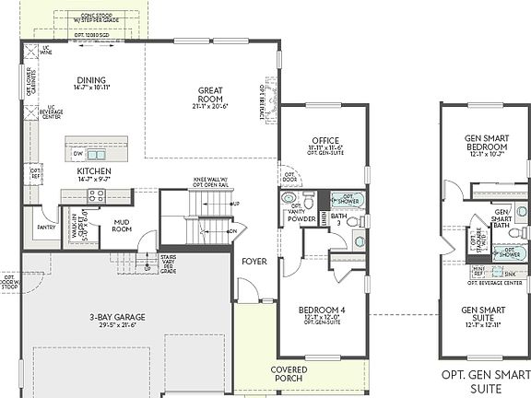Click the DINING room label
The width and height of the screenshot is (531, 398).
91,80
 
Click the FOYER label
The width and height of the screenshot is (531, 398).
254,262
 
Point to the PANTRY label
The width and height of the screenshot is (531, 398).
46,226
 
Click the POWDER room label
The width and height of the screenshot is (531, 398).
302,219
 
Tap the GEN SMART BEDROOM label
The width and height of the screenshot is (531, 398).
485,143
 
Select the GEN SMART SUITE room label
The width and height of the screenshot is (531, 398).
485,315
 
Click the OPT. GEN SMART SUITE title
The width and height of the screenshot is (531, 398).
485,380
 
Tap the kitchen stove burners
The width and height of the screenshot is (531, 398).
75,195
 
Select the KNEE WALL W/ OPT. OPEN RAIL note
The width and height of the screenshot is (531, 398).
210,182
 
